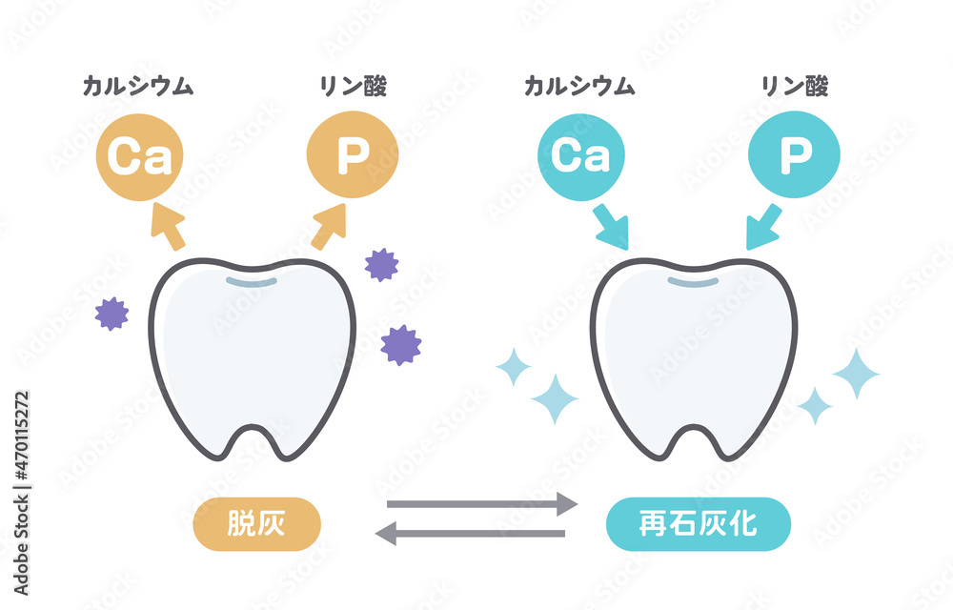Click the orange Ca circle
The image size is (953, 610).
pos(140,156)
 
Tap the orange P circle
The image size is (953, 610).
pos(353,154)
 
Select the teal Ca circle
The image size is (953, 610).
pos(581,156)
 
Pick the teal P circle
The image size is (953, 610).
pos(795,154)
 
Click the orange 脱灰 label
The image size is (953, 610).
pos(256,523)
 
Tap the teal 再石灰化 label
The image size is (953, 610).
pos(699,523)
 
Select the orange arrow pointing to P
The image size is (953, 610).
pos(330,226)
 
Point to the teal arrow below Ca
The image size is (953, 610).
pos(612,227)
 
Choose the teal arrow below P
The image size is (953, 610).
pos(764,227)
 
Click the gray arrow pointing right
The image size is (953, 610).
pos(482,504)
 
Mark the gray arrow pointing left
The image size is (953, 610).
pos(470,534)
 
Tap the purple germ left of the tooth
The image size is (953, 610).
pos(112,314)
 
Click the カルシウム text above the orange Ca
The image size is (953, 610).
pos(138,87)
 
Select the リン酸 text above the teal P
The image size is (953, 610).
pos(795,87)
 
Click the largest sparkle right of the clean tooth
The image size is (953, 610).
pos(856,373)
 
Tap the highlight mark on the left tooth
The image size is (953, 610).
pos(251,282)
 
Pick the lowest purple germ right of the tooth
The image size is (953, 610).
pos(400,345)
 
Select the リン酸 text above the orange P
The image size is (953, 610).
pos(354,87)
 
